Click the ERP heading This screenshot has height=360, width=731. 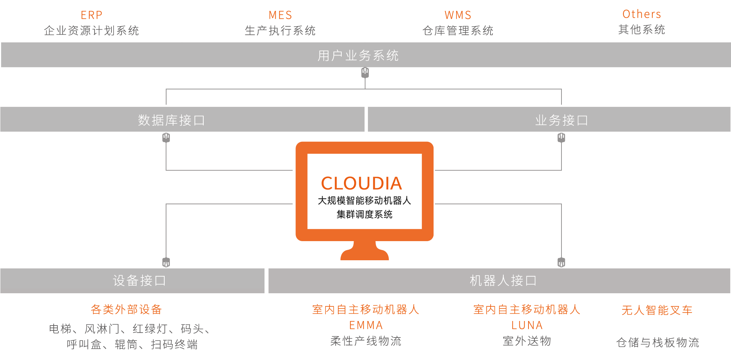coord(92,15)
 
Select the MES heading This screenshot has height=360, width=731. coord(280,15)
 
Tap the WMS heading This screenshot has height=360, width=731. coord(458,15)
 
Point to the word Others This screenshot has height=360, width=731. coord(642,14)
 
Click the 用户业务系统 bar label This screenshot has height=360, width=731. coord(358,55)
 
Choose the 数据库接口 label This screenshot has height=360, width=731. coord(171,120)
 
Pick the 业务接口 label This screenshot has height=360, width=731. coord(561,120)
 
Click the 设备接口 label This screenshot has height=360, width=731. coord(139,280)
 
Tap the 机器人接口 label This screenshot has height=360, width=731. coord(503,280)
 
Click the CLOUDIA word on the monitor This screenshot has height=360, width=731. coord(362,183)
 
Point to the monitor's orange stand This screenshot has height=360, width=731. coord(365,251)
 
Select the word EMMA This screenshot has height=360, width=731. coord(366,325)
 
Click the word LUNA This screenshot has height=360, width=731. coord(527,325)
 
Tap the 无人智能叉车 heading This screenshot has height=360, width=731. coord(657,310)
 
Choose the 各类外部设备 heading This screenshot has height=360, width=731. coord(126,309)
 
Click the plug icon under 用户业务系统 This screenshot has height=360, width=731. coord(365,73)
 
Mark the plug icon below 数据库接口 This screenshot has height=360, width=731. coord(166,138)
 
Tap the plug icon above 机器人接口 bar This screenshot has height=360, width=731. coord(561,262)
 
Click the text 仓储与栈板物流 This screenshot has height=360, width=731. coord(657,342)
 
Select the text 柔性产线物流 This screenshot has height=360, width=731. coord(366,341)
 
